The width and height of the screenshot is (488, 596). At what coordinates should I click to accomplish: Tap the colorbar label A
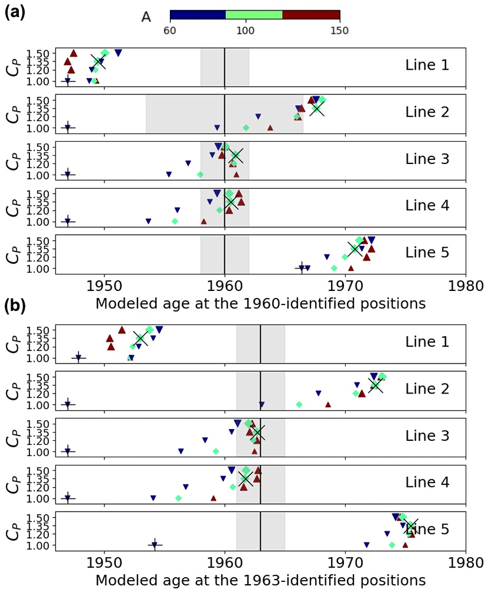point(146,17)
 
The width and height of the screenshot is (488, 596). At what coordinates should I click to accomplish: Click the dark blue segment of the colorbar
point(198,15)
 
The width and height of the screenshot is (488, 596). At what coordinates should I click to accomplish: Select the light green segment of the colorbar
point(254,15)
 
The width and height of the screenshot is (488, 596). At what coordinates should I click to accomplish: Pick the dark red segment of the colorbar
point(311,15)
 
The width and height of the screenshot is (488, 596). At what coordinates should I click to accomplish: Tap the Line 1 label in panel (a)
point(427,65)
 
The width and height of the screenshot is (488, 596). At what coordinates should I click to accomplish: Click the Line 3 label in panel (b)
point(427,436)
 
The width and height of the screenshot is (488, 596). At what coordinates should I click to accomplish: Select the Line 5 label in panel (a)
point(427,253)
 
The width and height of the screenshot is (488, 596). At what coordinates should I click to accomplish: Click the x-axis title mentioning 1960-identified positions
point(260,304)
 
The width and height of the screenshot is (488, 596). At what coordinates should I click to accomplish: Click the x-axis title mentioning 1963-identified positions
point(260,581)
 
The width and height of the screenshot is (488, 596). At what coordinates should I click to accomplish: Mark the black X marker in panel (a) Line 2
point(317,109)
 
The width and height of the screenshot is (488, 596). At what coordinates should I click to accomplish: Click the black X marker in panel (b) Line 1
point(140,338)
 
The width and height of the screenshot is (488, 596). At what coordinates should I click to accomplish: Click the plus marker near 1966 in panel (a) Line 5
point(302,268)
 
